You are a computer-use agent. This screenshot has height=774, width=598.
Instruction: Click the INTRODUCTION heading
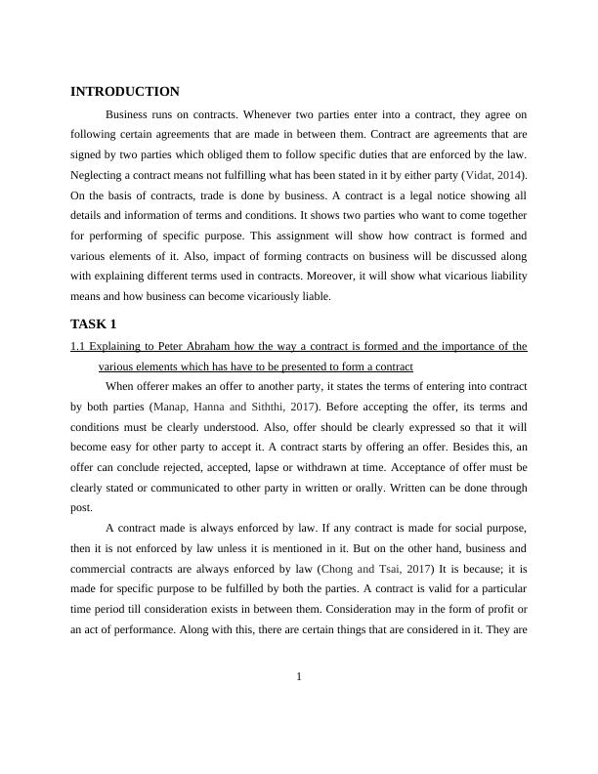(x=124, y=92)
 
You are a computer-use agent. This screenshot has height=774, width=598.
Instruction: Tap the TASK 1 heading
(x=94, y=323)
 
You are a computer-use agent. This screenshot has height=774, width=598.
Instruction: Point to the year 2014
(x=510, y=175)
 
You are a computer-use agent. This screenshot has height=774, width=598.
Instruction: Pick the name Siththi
(x=261, y=406)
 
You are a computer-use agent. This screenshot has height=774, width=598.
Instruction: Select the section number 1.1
(x=78, y=346)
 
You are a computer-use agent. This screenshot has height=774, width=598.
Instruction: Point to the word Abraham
(x=211, y=346)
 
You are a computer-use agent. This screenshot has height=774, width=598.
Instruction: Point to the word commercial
(x=102, y=570)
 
